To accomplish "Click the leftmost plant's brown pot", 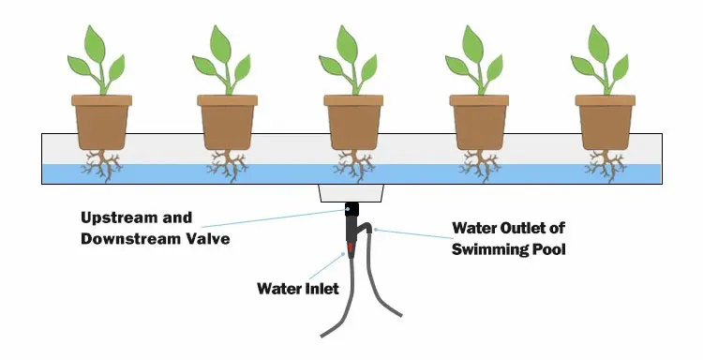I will (100, 120).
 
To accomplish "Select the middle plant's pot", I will (351, 120).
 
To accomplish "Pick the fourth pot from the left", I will (477, 120).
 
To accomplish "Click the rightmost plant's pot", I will (603, 120).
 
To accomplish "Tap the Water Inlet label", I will (297, 289).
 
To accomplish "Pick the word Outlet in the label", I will (516, 228).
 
